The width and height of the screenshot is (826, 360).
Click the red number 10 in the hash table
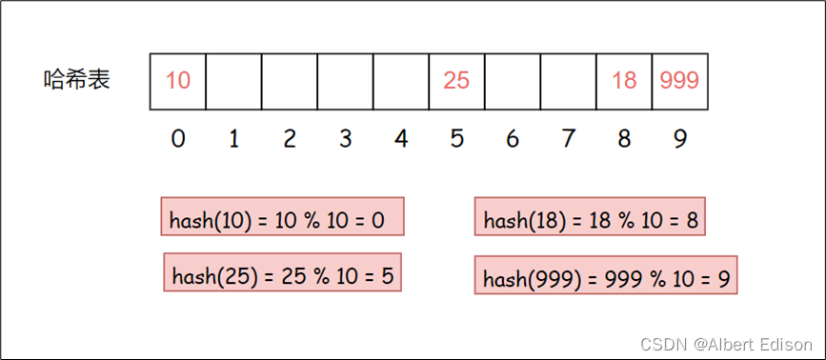point(177,81)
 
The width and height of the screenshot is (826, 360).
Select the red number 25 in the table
point(456,81)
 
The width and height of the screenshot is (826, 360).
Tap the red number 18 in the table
point(624,81)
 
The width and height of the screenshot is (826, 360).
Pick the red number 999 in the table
point(679,81)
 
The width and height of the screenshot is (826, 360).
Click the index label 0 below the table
point(178,139)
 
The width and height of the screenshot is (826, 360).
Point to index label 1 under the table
point(234,139)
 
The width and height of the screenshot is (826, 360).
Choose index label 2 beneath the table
point(290,139)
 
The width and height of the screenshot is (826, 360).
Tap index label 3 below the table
point(345,139)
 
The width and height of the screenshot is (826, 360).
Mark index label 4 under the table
point(401,139)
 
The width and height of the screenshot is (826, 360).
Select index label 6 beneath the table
point(512,139)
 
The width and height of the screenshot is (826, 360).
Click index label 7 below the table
point(568,139)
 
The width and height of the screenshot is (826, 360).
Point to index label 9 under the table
point(679,139)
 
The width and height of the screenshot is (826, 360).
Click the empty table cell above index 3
point(345,82)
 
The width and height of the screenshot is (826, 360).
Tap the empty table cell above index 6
point(512,82)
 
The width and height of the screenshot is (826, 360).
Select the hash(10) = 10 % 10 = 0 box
point(282,216)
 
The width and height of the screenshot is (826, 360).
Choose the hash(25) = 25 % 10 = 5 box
point(282,272)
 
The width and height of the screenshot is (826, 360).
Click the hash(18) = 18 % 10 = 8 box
point(590,216)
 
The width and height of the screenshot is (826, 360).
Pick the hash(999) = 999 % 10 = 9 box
point(606,275)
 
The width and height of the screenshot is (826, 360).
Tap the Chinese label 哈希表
point(77,80)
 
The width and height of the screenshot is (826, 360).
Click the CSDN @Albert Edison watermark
point(726,344)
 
